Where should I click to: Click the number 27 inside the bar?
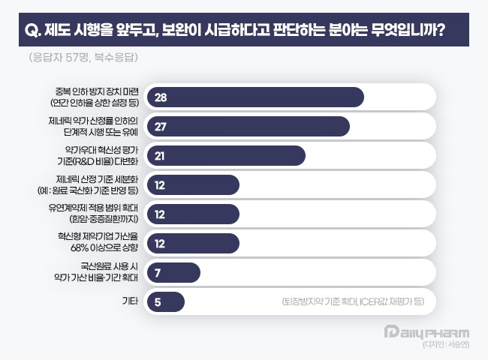[159, 127]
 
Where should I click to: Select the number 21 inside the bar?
[159, 155]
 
